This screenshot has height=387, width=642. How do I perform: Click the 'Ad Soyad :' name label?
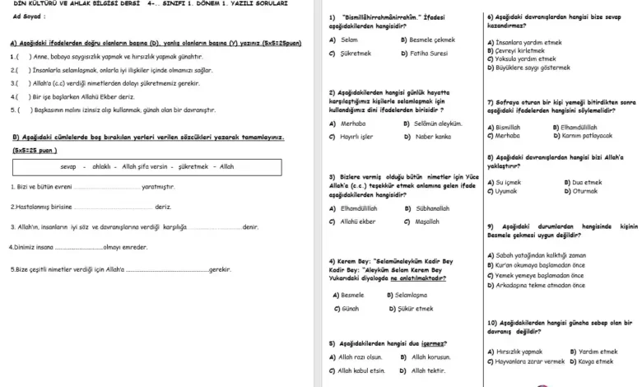[x=29, y=16]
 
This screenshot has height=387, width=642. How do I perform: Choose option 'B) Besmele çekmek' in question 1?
[x=427, y=40]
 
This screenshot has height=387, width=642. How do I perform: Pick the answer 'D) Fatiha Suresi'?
[x=424, y=53]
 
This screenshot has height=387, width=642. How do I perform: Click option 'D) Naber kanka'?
[x=430, y=136]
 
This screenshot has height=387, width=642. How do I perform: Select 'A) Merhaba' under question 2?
[x=349, y=124]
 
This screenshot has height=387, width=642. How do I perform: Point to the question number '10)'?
[x=492, y=322]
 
